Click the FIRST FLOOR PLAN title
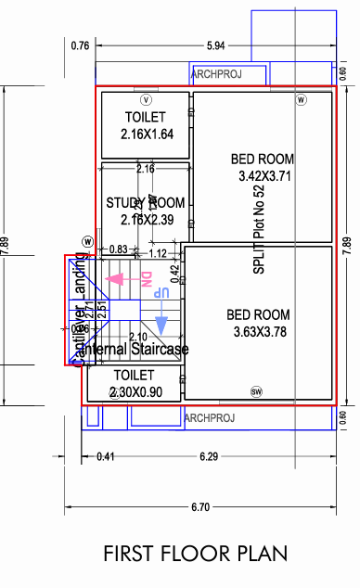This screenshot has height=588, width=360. [x=195, y=554]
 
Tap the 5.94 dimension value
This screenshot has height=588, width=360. [x=216, y=45]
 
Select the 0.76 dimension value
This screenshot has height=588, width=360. [x=81, y=45]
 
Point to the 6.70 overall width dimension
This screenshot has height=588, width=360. [x=199, y=507]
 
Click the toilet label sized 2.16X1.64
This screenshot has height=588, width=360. [x=146, y=125]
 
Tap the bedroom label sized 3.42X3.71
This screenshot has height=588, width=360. [x=263, y=167]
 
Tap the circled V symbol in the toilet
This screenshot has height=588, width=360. [x=146, y=98]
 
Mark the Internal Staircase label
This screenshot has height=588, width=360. [x=136, y=350]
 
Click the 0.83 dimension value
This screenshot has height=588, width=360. [x=118, y=249]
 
